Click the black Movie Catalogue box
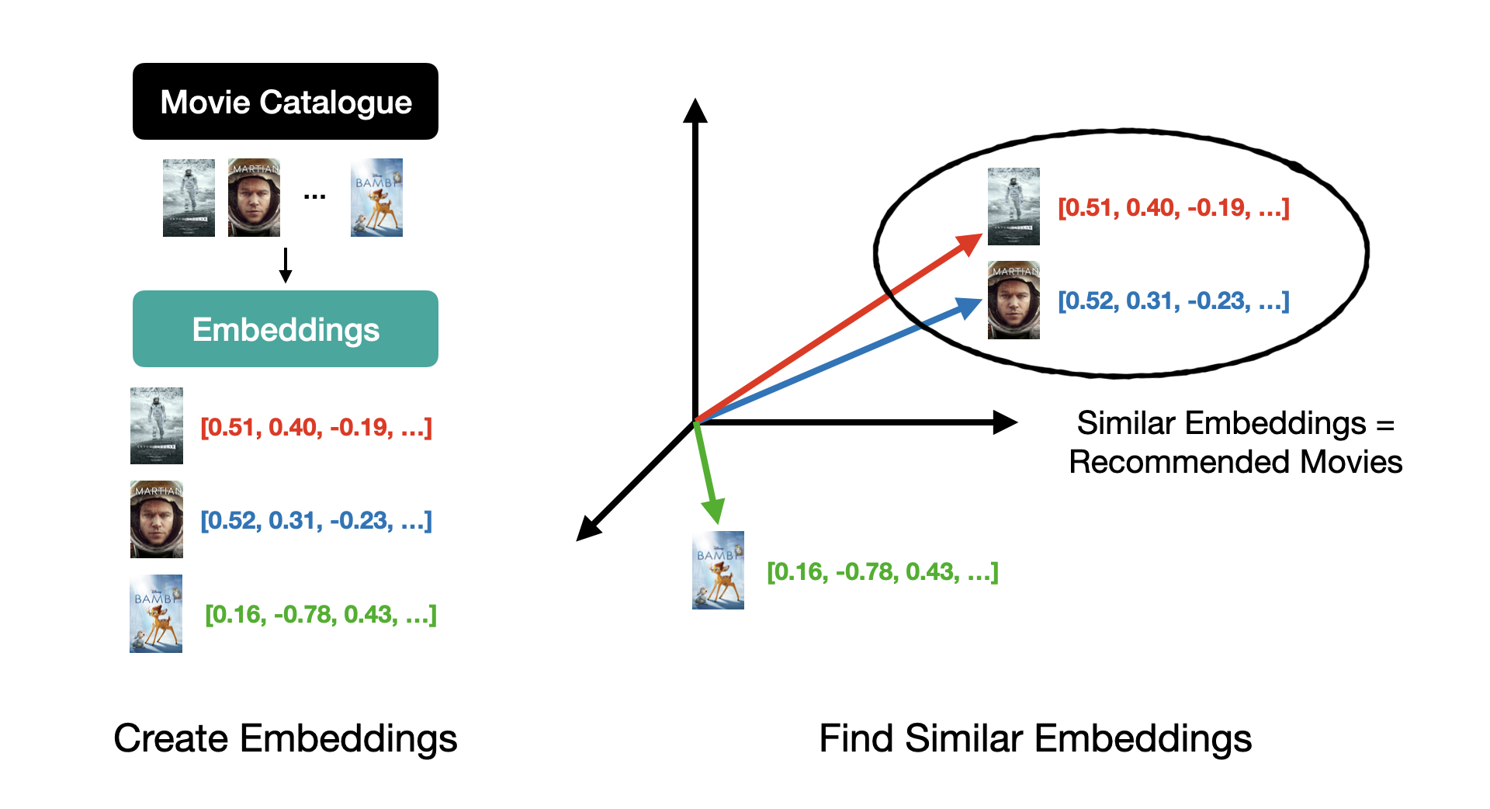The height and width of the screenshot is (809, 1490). (285, 102)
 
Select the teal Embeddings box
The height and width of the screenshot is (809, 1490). (285, 329)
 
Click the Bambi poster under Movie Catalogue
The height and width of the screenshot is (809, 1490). (376, 198)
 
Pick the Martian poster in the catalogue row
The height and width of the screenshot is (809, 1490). (254, 198)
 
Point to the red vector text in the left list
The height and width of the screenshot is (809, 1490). (316, 427)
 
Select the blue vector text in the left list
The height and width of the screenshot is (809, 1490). (316, 520)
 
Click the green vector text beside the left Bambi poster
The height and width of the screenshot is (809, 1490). (321, 614)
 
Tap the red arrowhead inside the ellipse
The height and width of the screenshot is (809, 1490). (970, 243)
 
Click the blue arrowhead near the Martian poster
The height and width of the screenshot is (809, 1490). (969, 307)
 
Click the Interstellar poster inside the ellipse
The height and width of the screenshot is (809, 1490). (1013, 207)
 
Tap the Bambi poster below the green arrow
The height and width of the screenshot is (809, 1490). (718, 570)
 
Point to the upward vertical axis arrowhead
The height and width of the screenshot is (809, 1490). (695, 110)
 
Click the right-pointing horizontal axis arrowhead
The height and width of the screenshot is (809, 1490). (1006, 422)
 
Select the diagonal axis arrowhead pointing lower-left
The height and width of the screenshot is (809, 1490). (588, 529)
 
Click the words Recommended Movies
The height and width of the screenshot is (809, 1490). (1235, 462)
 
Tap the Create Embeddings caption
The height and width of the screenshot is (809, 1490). (285, 738)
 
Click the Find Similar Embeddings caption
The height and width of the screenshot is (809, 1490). (1035, 738)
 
